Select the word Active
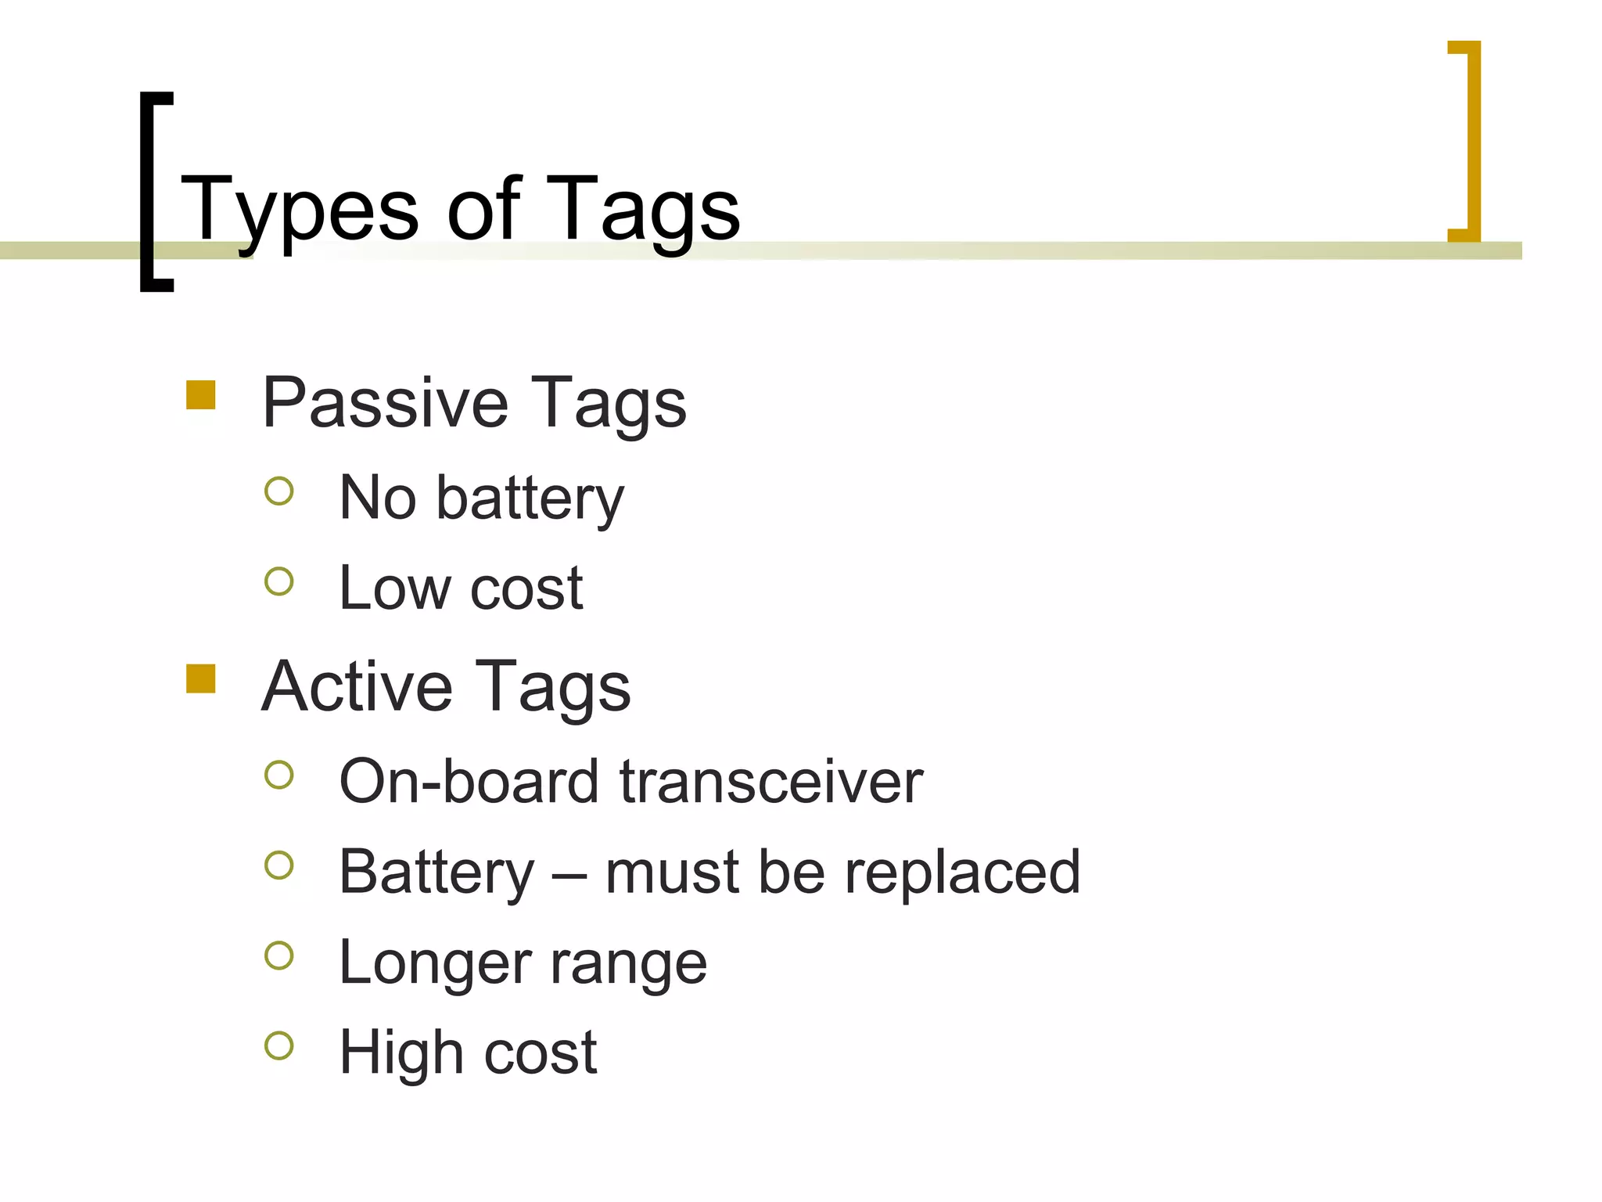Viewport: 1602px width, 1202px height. pos(357,687)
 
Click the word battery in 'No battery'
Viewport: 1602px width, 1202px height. pos(530,499)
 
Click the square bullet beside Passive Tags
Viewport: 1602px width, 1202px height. pos(201,395)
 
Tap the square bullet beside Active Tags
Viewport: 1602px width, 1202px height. pos(201,678)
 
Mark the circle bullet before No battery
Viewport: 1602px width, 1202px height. pos(279,491)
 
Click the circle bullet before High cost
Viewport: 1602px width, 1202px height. pos(279,1045)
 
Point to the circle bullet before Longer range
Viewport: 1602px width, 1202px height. pos(279,955)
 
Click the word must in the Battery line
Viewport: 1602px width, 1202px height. pos(672,873)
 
